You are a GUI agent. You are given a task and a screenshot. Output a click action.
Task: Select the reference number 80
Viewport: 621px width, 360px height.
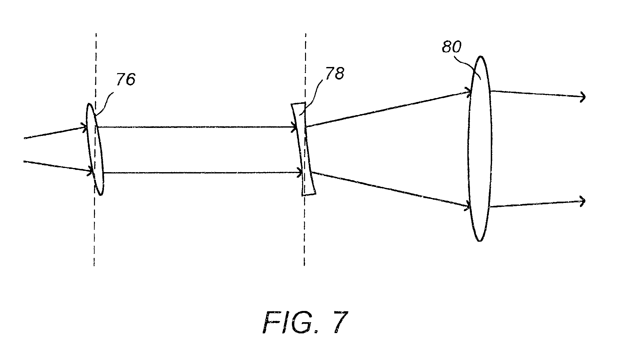point(452,47)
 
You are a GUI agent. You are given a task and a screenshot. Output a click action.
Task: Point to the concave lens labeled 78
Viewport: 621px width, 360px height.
point(303,149)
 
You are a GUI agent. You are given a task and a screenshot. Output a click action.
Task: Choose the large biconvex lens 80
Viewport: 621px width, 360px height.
point(480,148)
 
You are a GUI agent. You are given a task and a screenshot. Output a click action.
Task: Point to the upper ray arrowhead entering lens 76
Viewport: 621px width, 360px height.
point(84,127)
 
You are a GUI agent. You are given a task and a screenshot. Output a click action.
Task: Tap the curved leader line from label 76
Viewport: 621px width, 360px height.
point(104,103)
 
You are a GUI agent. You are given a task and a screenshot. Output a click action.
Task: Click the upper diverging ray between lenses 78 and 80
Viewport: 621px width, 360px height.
point(387,109)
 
